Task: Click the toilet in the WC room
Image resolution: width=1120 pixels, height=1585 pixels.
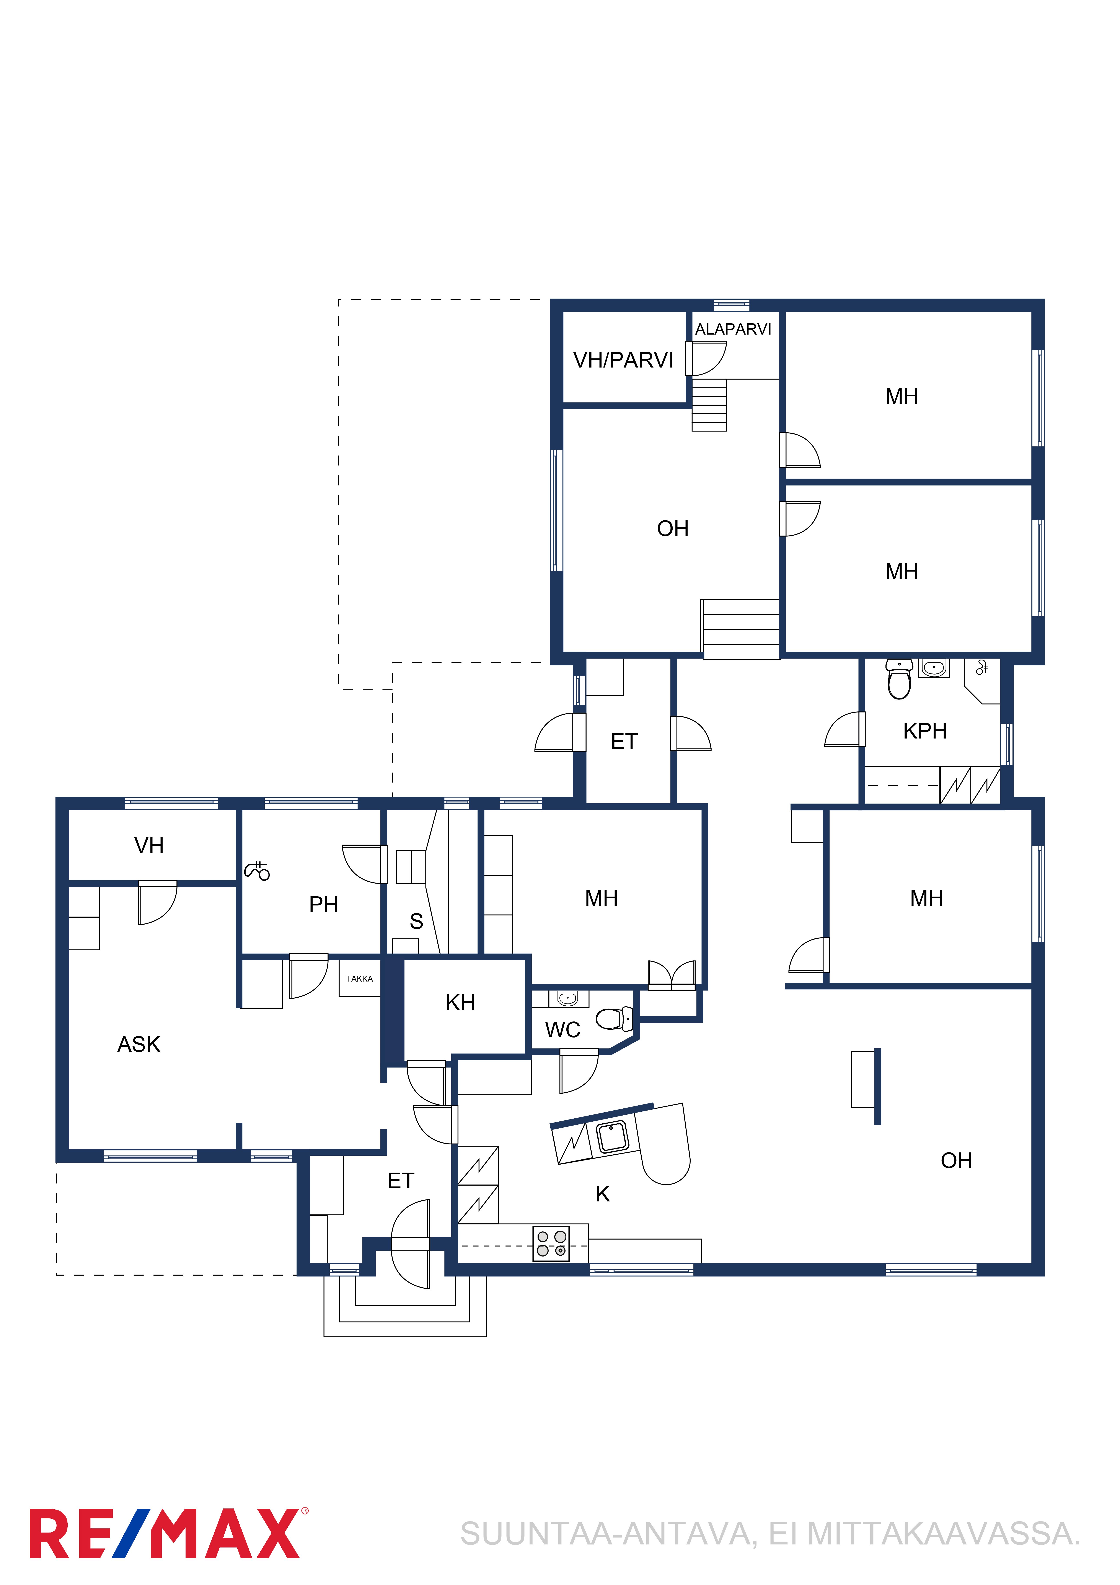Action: tap(614, 1018)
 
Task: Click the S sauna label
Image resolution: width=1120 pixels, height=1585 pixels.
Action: tap(416, 921)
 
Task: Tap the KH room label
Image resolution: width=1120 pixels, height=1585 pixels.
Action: tap(460, 1002)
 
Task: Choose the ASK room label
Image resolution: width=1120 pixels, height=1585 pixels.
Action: tap(139, 1044)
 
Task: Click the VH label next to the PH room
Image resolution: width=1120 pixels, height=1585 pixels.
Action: tap(149, 846)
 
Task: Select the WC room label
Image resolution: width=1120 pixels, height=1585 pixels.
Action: tap(562, 1030)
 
